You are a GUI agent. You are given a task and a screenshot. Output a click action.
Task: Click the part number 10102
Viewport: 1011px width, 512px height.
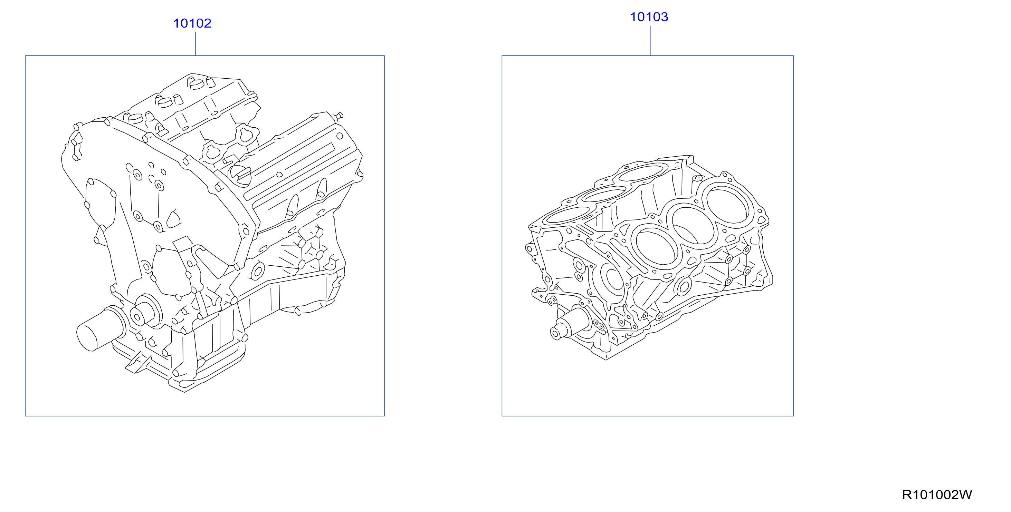(192, 23)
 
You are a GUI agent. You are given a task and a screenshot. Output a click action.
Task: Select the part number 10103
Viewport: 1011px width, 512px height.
(649, 17)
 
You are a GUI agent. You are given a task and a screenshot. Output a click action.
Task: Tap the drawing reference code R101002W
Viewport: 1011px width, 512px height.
(936, 495)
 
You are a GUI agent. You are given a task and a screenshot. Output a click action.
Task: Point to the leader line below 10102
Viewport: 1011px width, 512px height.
(195, 43)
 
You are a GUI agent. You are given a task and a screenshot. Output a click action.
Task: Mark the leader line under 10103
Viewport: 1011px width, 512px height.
(650, 41)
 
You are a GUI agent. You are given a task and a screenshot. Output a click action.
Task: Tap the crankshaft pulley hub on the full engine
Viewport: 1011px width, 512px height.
(145, 311)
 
